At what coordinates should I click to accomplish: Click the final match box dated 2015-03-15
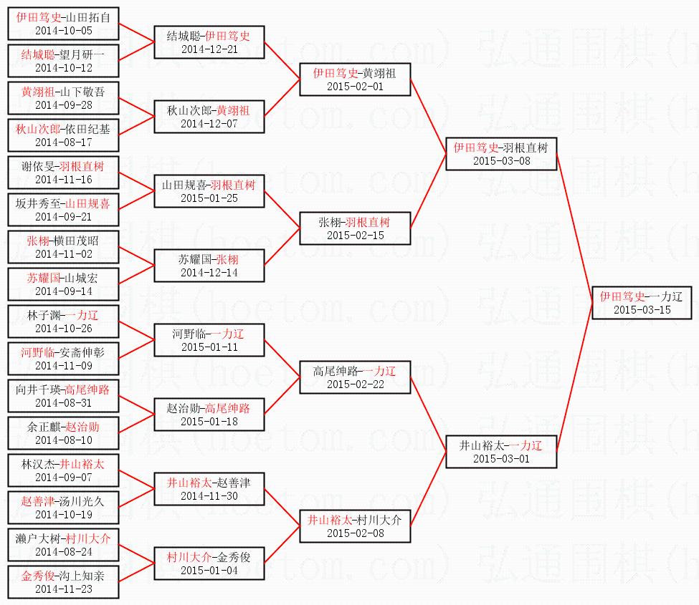pyautogui.click(x=642, y=302)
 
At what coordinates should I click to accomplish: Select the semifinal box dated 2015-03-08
pyautogui.click(x=500, y=153)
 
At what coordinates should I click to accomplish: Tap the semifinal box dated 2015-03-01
pyautogui.click(x=500, y=451)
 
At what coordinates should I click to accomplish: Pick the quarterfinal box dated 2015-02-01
pyautogui.click(x=355, y=79)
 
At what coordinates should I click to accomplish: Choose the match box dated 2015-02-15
pyautogui.click(x=355, y=228)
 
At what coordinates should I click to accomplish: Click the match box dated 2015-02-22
pyautogui.click(x=355, y=377)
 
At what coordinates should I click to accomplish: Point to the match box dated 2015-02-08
pyautogui.click(x=355, y=526)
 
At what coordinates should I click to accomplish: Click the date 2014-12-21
pyautogui.click(x=209, y=49)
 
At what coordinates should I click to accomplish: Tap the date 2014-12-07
pyautogui.click(x=209, y=124)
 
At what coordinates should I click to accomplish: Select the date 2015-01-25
pyautogui.click(x=209, y=198)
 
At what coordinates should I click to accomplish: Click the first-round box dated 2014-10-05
pyautogui.click(x=63, y=23)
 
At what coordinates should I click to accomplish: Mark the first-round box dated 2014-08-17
pyautogui.click(x=63, y=135)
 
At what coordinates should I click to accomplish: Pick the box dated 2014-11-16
pyautogui.click(x=63, y=172)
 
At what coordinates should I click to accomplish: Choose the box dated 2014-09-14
pyautogui.click(x=63, y=284)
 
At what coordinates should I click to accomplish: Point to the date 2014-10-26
pyautogui.click(x=63, y=329)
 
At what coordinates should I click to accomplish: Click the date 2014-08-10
pyautogui.click(x=63, y=440)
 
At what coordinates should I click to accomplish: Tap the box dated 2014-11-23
pyautogui.click(x=63, y=581)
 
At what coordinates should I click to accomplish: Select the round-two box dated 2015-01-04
pyautogui.click(x=209, y=563)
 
